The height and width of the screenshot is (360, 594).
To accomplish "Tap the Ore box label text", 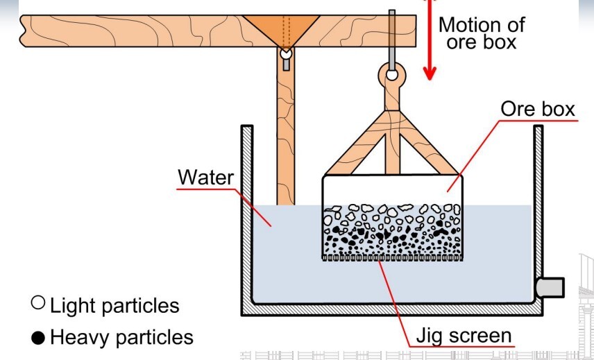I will pos(538,109).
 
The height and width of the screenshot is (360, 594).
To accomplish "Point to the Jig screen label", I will pos(464,336).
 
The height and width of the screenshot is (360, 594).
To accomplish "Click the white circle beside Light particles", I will pos(38,303).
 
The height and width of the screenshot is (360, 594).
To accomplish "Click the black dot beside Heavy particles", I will pos(38,338).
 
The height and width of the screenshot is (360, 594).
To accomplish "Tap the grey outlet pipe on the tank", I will pos(552,286).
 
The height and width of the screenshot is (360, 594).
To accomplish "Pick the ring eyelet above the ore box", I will pos(393,74).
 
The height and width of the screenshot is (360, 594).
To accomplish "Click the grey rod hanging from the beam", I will pos(393,35).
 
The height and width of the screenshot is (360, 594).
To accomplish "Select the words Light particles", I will pos(114,305).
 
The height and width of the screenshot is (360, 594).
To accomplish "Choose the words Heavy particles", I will pos(121,338).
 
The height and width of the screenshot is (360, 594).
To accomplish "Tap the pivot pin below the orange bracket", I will pos(285,53).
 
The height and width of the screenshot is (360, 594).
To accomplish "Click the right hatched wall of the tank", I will pos(538,208).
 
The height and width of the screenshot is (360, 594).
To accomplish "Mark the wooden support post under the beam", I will pos(285,139).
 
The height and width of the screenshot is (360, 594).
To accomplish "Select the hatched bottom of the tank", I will pos(389,309).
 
